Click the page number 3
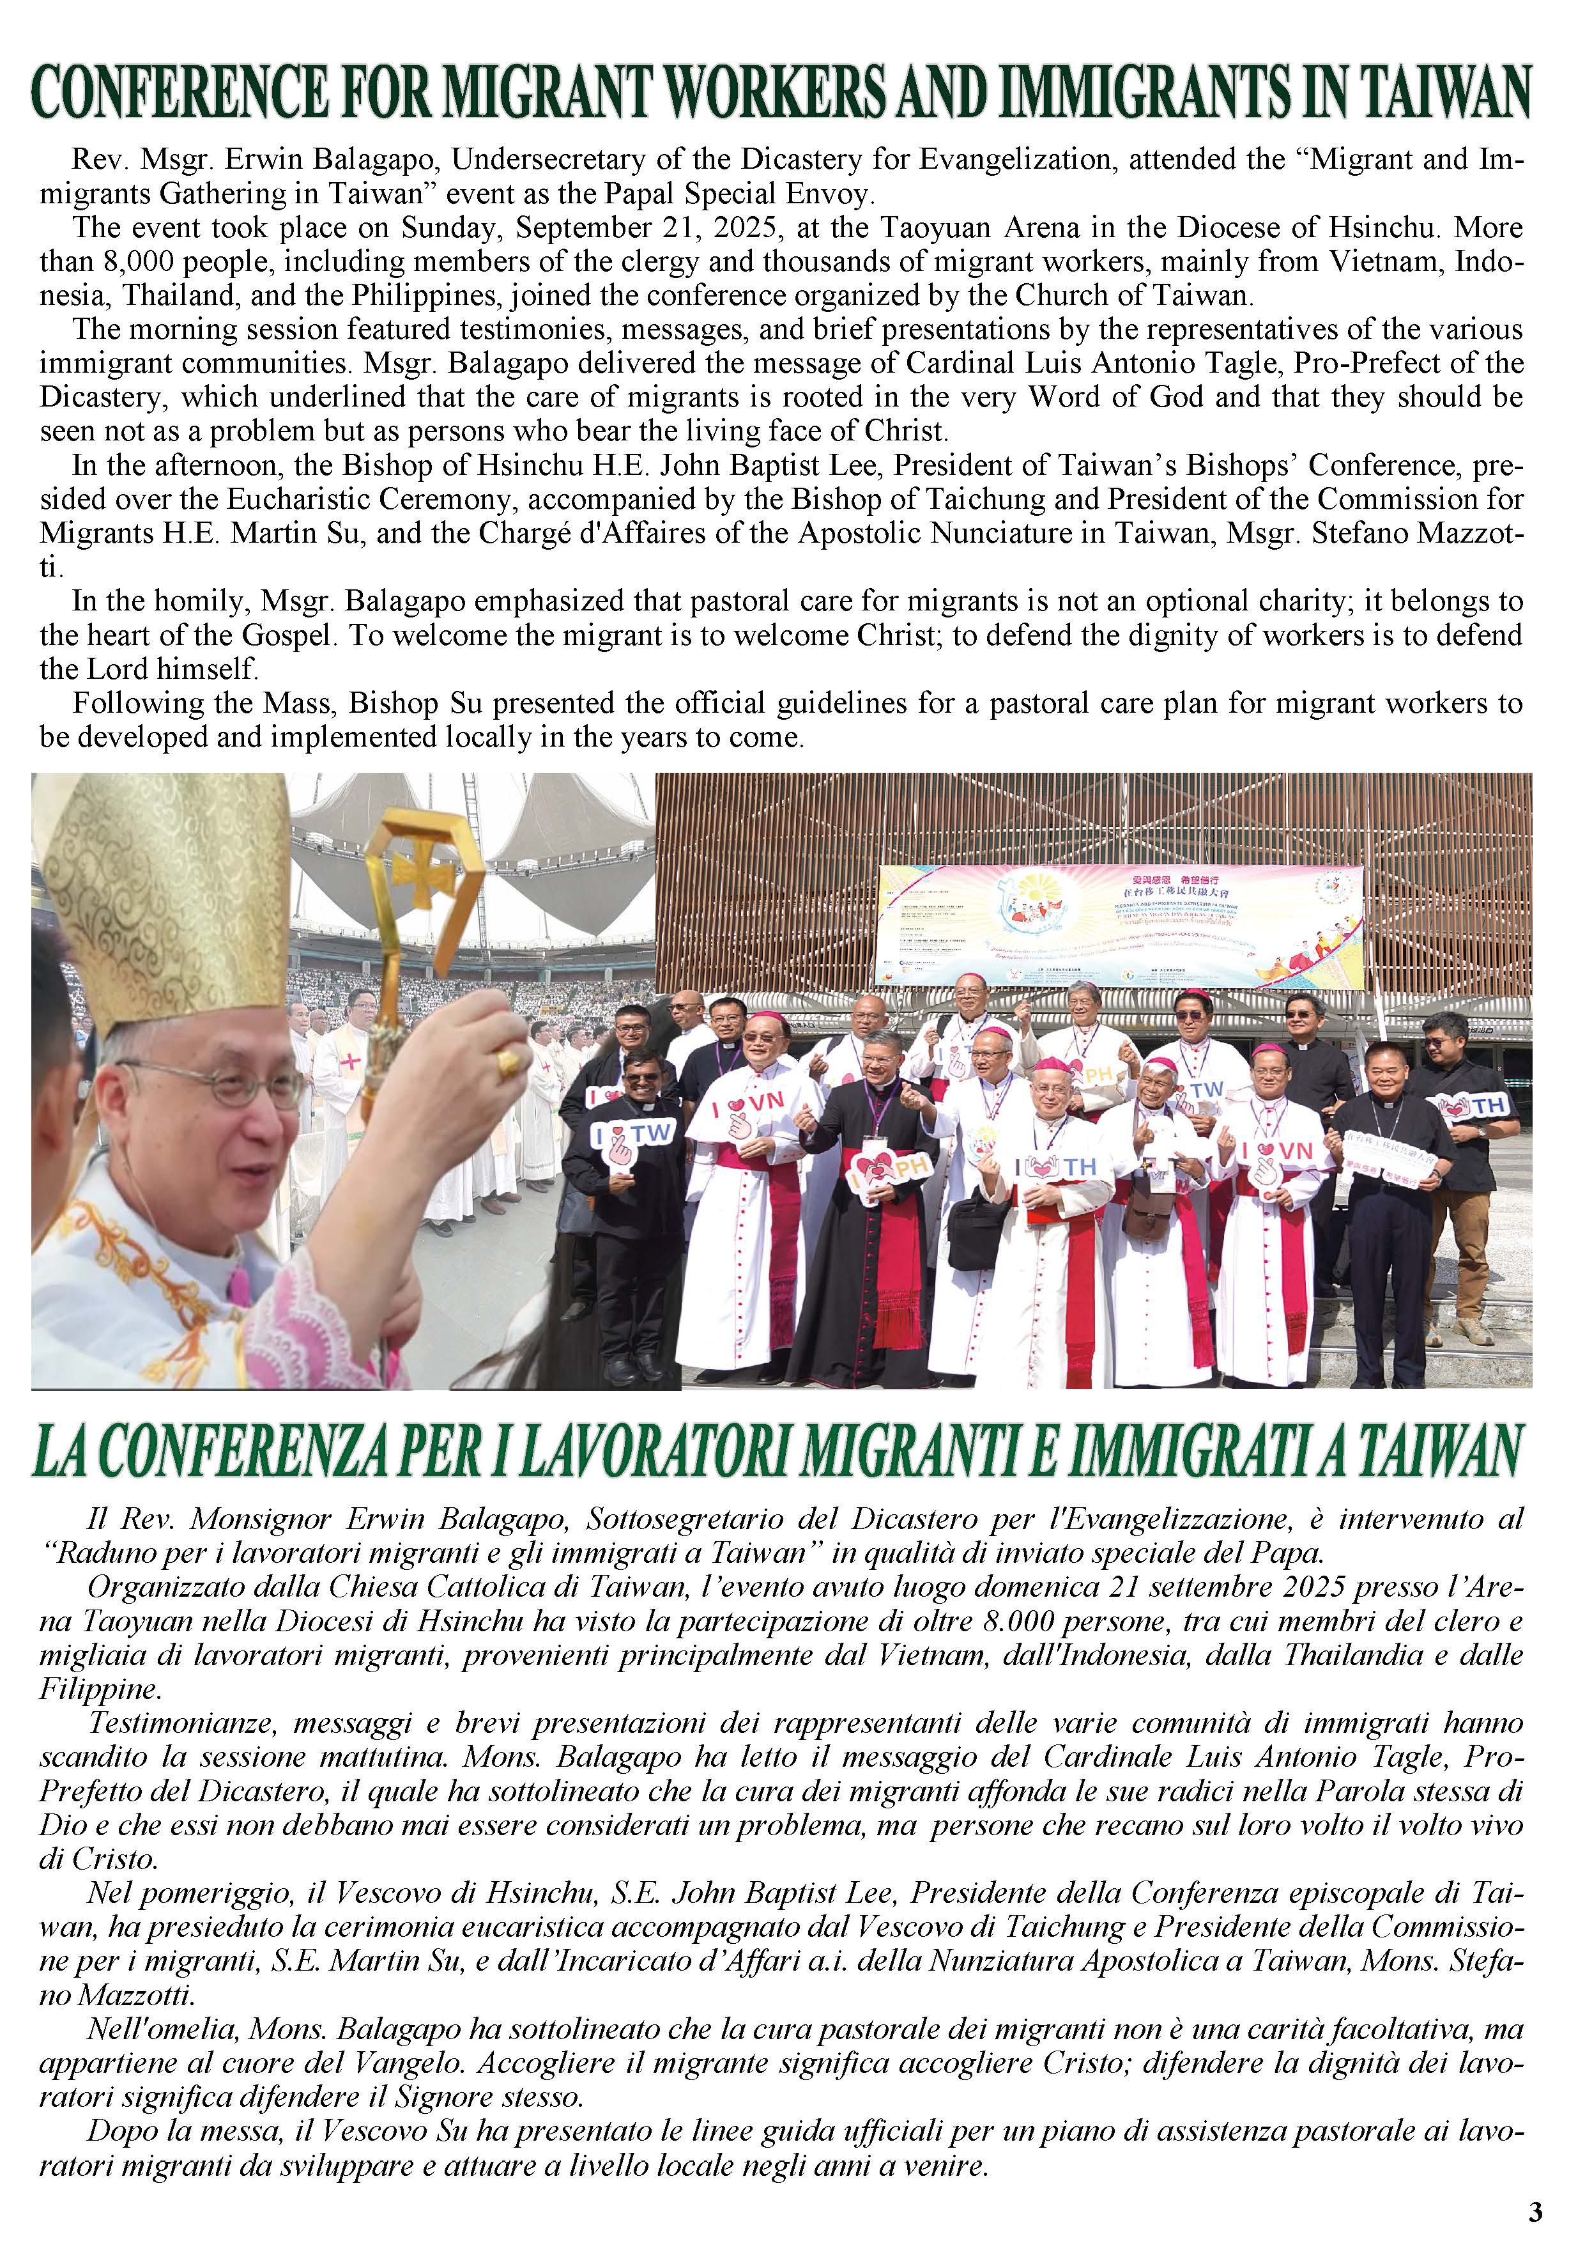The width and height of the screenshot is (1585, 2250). (x=1536, y=2211)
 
